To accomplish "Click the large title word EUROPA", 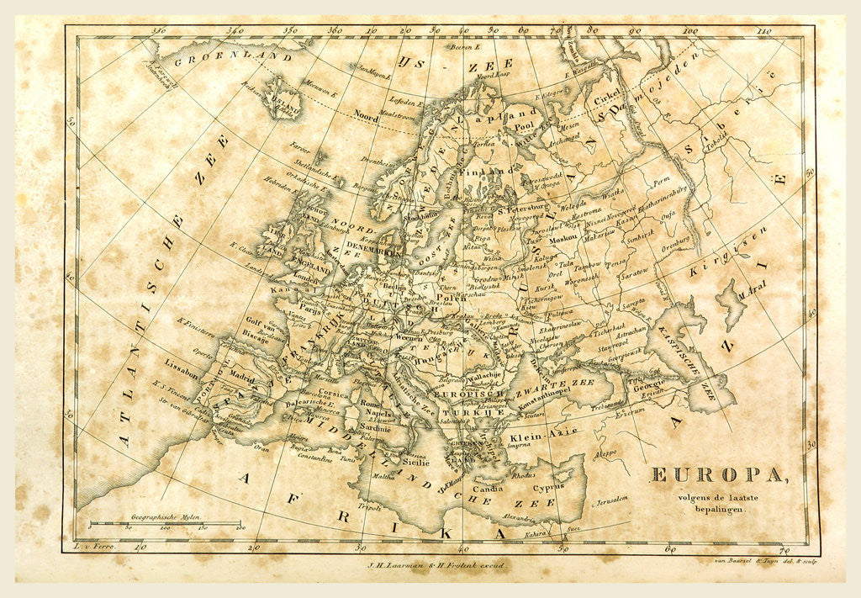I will [720, 475].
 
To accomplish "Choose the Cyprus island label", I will [548, 486].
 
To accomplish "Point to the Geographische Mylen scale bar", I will [165, 523].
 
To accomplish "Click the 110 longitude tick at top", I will [763, 31].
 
